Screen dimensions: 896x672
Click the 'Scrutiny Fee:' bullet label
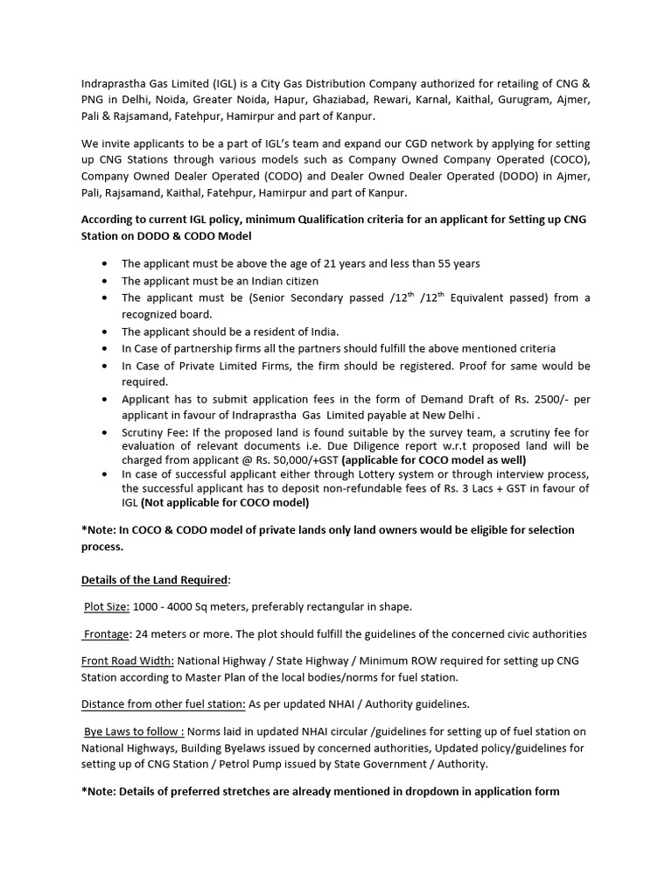click(154, 433)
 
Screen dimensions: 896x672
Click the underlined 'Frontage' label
click(106, 633)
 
